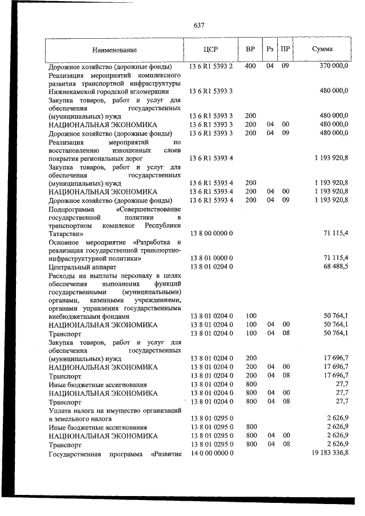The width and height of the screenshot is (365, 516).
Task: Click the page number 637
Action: click(199, 26)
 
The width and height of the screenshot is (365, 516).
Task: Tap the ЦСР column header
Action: click(210, 50)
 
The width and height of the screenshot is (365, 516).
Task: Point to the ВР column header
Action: click(250, 50)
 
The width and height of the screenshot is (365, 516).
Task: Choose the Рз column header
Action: click(270, 50)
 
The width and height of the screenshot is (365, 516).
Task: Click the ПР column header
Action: click(285, 50)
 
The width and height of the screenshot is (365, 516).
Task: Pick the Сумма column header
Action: click(323, 50)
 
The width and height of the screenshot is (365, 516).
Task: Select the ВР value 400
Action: click(250, 67)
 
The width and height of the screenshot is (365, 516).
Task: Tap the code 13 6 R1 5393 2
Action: click(211, 67)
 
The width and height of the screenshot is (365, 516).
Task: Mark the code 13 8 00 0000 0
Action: click(210, 233)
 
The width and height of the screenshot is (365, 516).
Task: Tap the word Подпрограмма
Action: click(72, 209)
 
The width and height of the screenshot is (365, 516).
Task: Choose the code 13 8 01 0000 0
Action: click(210, 258)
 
